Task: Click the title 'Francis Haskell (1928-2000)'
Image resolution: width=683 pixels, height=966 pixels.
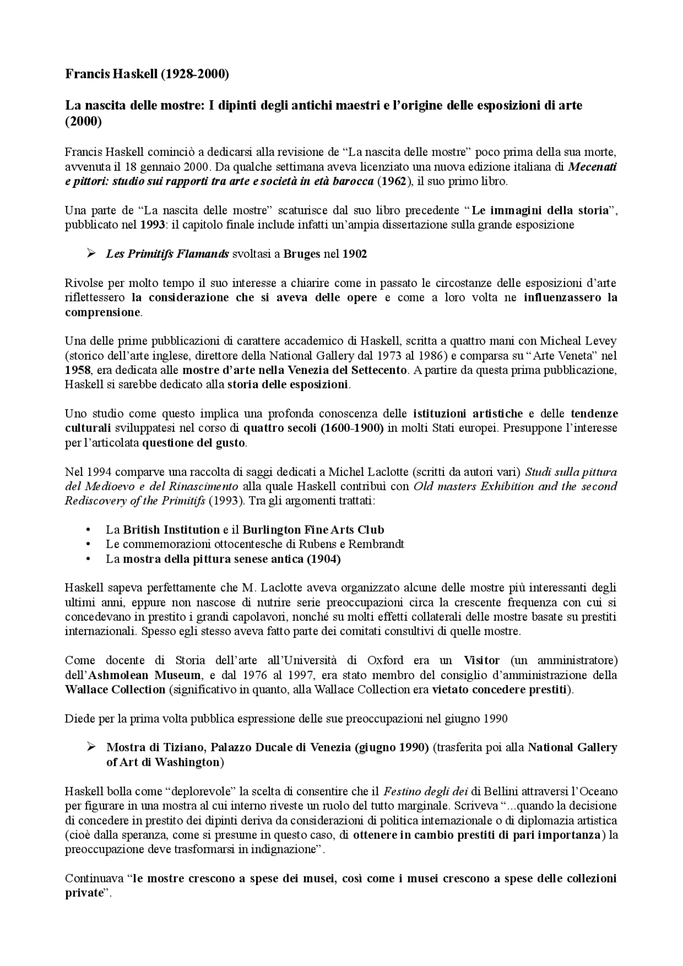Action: pyautogui.click(x=147, y=74)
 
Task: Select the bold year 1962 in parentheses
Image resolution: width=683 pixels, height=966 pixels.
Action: pyautogui.click(x=392, y=181)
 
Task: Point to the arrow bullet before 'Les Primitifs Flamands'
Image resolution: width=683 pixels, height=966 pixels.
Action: pyautogui.click(x=91, y=254)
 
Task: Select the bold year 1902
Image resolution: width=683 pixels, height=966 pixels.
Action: pyautogui.click(x=354, y=254)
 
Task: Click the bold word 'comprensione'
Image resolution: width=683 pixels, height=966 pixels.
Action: pyautogui.click(x=102, y=312)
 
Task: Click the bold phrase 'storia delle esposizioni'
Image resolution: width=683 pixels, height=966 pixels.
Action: pyautogui.click(x=288, y=384)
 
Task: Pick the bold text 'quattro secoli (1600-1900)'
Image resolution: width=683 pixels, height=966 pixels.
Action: pyautogui.click(x=314, y=428)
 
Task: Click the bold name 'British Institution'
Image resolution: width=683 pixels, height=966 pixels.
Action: pyautogui.click(x=171, y=530)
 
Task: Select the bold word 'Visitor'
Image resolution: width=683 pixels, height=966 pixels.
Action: pyautogui.click(x=481, y=660)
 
